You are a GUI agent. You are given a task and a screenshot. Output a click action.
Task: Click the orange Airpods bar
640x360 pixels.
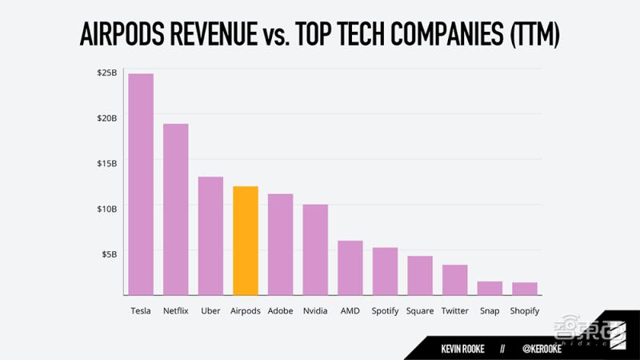(x=245, y=240)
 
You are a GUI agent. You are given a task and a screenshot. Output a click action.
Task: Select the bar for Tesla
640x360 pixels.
(x=141, y=184)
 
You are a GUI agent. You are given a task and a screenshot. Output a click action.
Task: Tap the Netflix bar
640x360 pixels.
(x=176, y=209)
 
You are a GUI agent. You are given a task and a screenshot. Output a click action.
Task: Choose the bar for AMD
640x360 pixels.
(x=350, y=267)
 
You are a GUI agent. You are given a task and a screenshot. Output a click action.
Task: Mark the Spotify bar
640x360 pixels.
(x=385, y=271)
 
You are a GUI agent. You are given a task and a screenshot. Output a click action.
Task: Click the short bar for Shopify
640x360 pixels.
(x=525, y=289)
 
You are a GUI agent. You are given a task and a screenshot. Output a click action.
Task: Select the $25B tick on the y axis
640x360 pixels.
(x=107, y=73)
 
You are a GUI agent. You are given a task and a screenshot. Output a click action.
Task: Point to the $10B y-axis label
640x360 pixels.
(x=107, y=208)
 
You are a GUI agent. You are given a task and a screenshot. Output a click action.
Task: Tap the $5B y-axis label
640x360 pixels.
(x=110, y=254)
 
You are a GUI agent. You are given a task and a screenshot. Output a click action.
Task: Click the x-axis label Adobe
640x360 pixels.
(x=280, y=310)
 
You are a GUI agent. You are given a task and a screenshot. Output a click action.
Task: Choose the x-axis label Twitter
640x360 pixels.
(x=454, y=310)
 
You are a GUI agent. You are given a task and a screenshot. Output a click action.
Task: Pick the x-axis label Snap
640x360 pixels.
(x=490, y=310)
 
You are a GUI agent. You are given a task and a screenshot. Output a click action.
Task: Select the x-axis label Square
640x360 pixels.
(x=420, y=310)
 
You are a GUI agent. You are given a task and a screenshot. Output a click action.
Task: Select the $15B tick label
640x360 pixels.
(x=107, y=163)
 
